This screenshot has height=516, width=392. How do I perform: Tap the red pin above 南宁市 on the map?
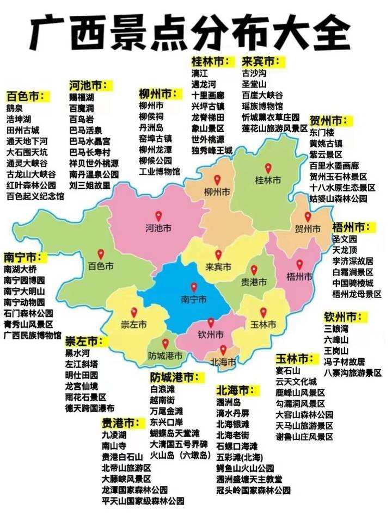(194, 287)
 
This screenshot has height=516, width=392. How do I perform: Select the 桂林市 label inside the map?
(268, 180)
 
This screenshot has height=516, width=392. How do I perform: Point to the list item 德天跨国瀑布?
(90, 407)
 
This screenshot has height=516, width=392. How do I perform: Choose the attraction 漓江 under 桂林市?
(200, 73)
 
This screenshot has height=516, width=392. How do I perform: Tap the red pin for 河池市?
(158, 216)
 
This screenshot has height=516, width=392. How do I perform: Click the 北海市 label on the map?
(223, 360)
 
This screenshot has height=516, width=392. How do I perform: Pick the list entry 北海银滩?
(232, 425)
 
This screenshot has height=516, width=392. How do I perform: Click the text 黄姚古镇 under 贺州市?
(326, 144)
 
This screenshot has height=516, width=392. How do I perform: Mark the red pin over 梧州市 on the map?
(299, 264)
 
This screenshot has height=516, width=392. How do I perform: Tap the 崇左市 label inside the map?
(133, 325)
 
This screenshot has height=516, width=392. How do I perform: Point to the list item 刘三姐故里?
(90, 185)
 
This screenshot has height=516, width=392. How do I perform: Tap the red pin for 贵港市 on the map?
(254, 270)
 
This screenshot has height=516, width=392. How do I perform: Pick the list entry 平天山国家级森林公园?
(143, 500)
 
